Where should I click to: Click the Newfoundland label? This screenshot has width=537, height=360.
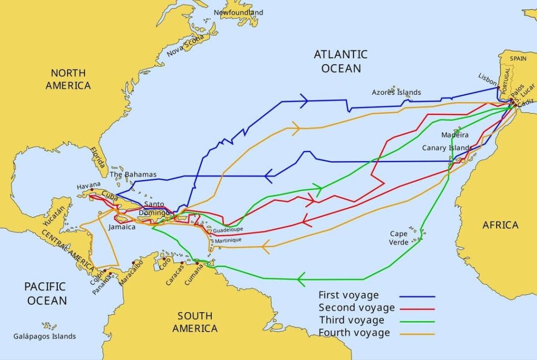pos(239,12)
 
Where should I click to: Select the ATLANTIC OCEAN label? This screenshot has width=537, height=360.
pos(341,61)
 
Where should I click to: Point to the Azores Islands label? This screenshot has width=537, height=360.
pos(396,92)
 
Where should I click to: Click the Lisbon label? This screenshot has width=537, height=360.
pos(487,77)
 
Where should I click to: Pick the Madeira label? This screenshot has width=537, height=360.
pos(455,135)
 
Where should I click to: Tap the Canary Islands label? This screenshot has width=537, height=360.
pos(447,148)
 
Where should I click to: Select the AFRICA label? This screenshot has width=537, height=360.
pos(500,225)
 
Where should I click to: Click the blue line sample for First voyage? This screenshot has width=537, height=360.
pos(416,296)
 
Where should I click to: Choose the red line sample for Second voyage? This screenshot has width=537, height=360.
pos(416,308)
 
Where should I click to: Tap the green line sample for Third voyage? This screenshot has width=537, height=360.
pos(416,321)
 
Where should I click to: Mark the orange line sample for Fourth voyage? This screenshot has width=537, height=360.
pos(416,333)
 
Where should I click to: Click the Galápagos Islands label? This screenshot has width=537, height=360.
pos(45,336)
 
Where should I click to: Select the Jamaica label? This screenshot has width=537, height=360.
pos(122,227)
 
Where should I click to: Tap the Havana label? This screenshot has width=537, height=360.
pos(88,186)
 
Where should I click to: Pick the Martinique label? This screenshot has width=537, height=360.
pos(228,240)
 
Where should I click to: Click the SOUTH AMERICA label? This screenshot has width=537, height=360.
pos(195,322)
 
